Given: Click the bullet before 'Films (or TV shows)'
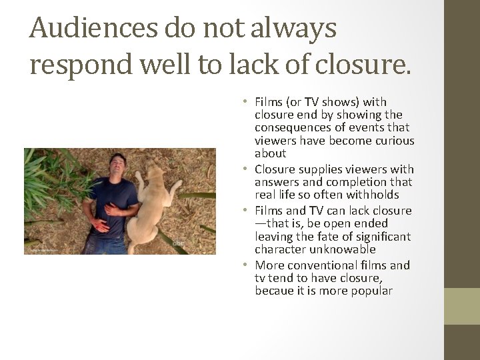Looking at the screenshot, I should tap(245, 102).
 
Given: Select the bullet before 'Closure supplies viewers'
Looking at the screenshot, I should tap(245, 169).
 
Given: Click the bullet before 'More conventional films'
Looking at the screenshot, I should tap(245, 265).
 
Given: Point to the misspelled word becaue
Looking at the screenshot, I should tap(273, 291).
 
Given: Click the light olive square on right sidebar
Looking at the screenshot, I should tap(462, 307).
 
